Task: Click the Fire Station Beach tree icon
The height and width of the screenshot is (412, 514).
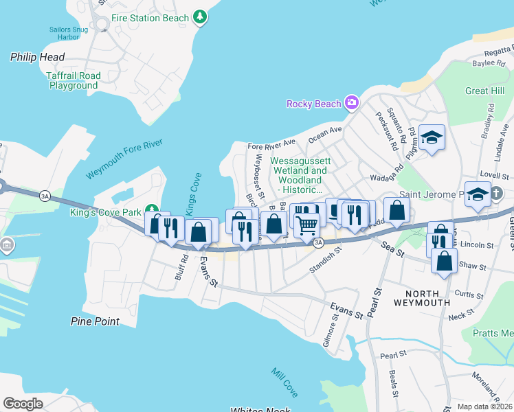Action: coord(200,16)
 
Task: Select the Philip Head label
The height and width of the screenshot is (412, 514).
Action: coord(37,57)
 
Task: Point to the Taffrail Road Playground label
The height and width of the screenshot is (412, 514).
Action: coord(74,81)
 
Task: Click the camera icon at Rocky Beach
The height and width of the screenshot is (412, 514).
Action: coord(352,104)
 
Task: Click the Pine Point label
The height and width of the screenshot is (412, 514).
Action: coord(95,321)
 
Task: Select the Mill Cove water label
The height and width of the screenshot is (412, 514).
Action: coord(284,382)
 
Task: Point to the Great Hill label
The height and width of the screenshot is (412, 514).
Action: coord(484,91)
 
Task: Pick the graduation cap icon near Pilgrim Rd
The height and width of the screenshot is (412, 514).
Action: coord(432,137)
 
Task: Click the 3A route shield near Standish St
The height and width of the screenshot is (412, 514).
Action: coord(318,242)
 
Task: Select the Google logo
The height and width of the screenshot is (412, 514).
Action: coord(23,404)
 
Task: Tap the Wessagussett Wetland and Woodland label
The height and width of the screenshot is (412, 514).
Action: coord(300,175)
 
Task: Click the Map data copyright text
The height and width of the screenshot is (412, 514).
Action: coord(485,406)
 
